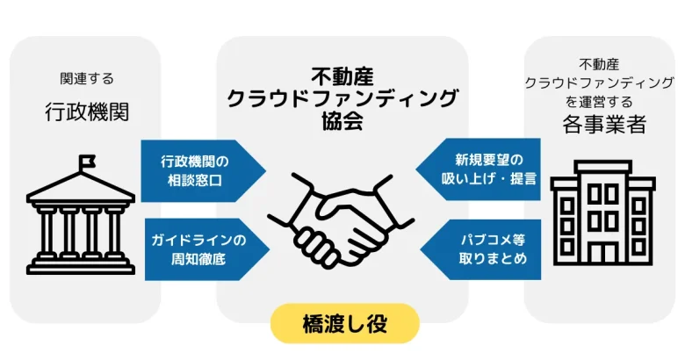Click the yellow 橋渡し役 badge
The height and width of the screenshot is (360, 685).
click(344, 323)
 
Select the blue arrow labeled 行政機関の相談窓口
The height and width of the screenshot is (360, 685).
click(198, 171)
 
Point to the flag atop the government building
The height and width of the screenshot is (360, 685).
click(88, 162)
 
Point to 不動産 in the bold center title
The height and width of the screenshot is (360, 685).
click(342, 76)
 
